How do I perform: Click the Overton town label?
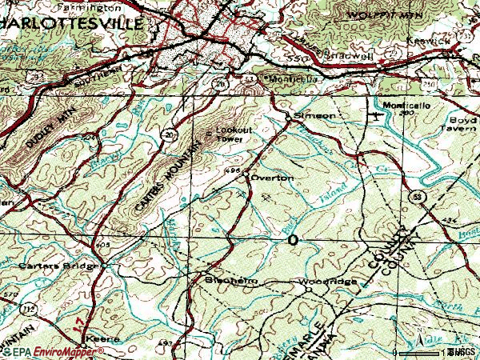273,177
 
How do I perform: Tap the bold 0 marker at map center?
292,240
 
